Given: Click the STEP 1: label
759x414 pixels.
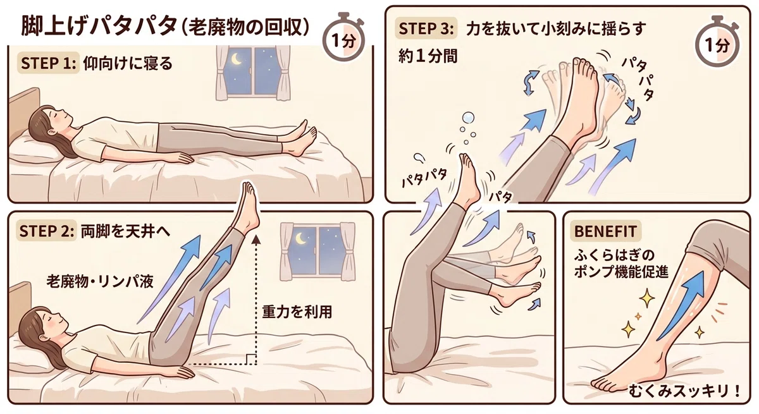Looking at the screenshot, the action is [x=48, y=63].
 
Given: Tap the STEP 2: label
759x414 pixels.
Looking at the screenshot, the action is [x=47, y=231].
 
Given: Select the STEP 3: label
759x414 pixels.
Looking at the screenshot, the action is [x=426, y=28].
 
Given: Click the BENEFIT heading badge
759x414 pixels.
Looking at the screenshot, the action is [x=605, y=231].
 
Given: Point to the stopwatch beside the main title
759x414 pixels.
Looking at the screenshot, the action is [x=343, y=37].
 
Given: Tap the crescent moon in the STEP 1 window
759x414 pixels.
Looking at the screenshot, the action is [x=236, y=60].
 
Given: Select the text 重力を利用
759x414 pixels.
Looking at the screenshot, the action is [x=297, y=312].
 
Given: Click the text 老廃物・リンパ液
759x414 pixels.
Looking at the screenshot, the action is [x=100, y=281].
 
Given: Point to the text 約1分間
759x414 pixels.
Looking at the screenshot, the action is [x=428, y=56].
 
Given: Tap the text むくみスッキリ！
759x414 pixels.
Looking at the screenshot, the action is [x=684, y=391].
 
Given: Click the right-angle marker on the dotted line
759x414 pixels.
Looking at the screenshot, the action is [x=250, y=359].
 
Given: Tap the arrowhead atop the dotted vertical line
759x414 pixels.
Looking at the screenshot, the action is [x=256, y=240].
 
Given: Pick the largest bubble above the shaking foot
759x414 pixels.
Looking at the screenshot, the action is [x=469, y=118].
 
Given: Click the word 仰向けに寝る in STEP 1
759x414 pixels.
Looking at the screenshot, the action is [x=128, y=63].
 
